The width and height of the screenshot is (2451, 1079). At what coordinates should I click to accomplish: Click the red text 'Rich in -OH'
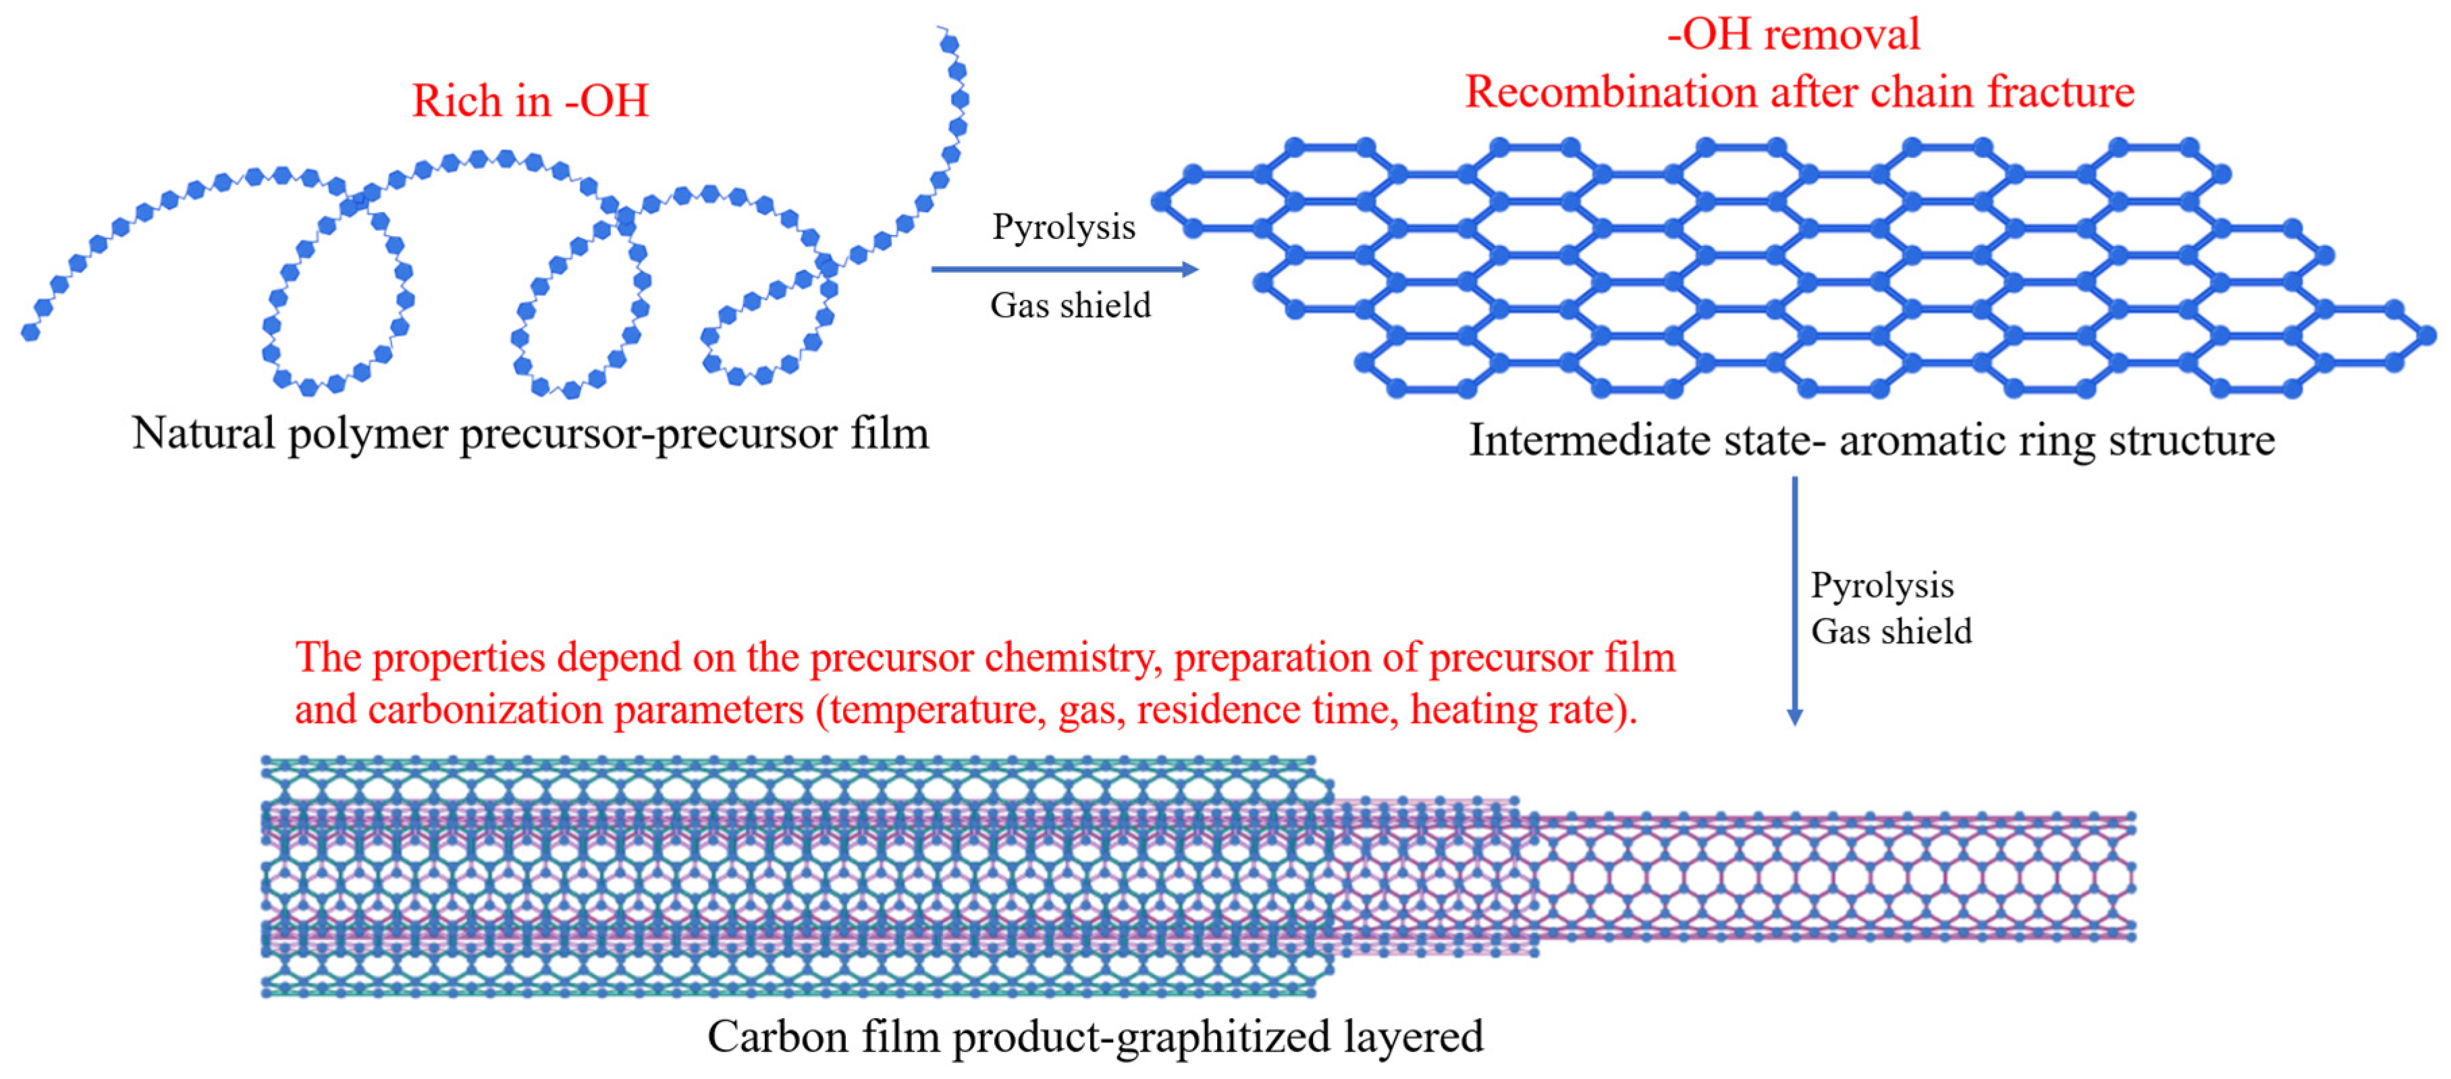click(530, 101)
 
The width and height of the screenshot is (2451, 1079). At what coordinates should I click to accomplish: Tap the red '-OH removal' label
click(1794, 34)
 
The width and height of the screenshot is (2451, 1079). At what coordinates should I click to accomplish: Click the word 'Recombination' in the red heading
click(1610, 93)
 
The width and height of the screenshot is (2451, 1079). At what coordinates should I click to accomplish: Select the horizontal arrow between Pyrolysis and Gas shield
click(1064, 269)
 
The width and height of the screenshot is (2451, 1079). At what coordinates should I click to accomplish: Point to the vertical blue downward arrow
click(1794, 600)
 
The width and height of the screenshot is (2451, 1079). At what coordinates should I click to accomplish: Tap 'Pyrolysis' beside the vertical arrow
click(1881, 585)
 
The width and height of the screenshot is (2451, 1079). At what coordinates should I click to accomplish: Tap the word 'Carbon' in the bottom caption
click(778, 1037)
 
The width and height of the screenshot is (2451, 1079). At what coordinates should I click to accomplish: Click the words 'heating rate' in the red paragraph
click(1513, 710)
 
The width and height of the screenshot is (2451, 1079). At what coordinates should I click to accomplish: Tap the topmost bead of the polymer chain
click(948, 43)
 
